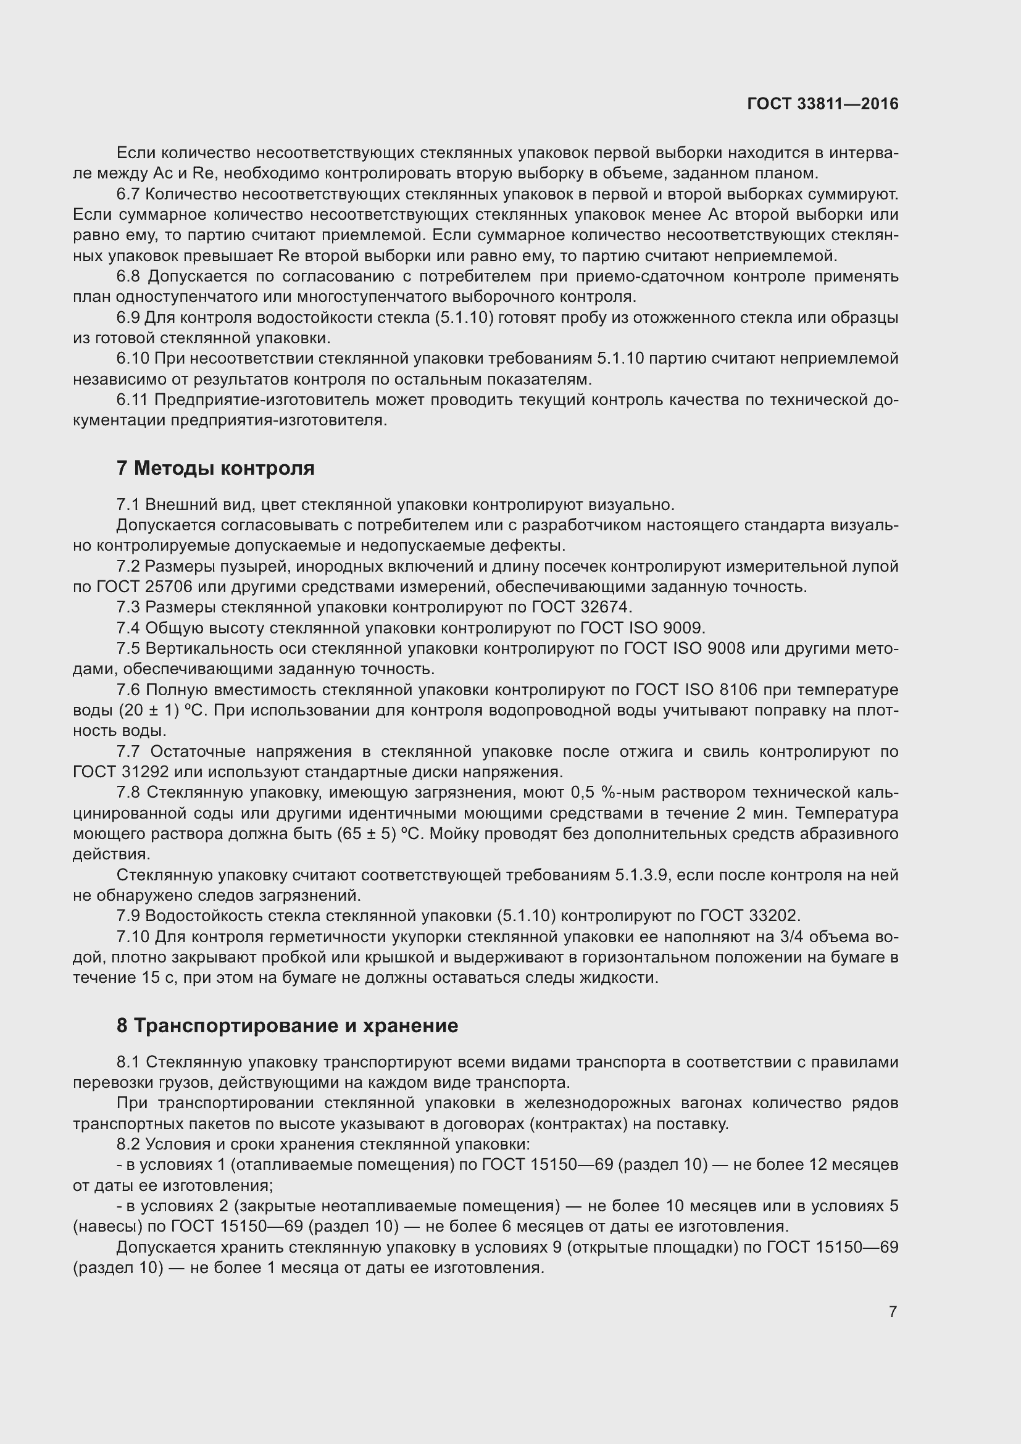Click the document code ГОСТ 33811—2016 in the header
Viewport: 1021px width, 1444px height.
click(x=822, y=104)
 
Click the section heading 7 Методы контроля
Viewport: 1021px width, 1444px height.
click(x=215, y=468)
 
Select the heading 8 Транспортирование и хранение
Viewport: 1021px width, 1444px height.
click(x=286, y=1026)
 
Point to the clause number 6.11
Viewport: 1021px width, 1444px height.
click(x=133, y=399)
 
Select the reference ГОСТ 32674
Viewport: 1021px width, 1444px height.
click(x=581, y=607)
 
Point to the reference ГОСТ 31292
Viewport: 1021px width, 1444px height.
click(x=123, y=772)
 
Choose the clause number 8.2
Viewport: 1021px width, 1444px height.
click(x=128, y=1144)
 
